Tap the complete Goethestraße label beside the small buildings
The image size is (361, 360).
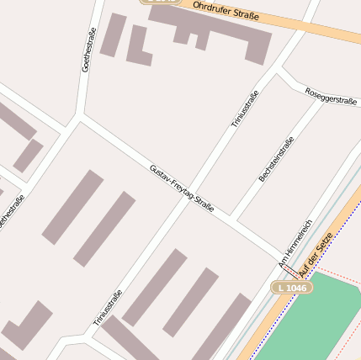click(x=87, y=50)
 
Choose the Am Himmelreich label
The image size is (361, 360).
click(x=295, y=245)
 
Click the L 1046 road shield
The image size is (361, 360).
click(x=292, y=288)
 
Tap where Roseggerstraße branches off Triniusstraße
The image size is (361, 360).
click(x=277, y=71)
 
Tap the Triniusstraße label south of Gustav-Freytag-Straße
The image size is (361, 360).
click(x=109, y=307)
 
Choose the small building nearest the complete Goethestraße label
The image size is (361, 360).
click(x=113, y=34)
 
